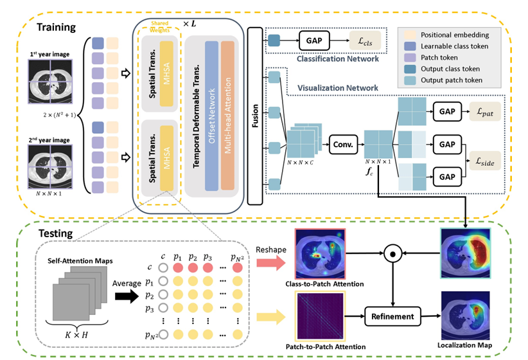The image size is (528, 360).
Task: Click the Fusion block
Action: click(x=254, y=116)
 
